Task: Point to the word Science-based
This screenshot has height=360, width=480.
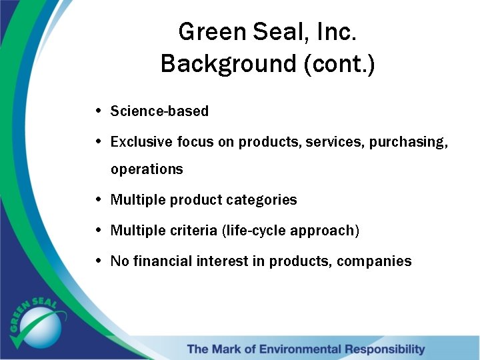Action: pos(159,111)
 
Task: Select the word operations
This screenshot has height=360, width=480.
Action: pos(147,169)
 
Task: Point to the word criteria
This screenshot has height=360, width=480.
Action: pos(194,231)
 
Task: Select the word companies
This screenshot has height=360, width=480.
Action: pos(374,262)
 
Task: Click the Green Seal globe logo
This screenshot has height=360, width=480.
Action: pos(39,325)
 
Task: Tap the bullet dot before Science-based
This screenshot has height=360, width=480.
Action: pos(99,111)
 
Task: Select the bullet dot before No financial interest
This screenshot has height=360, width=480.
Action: pos(99,261)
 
